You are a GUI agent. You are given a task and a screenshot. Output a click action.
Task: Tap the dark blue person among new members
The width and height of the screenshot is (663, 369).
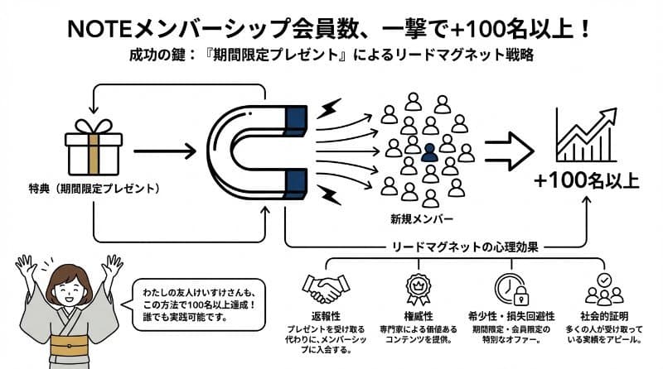[428, 152]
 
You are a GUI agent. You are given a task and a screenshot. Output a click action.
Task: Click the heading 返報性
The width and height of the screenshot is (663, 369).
[325, 316]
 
